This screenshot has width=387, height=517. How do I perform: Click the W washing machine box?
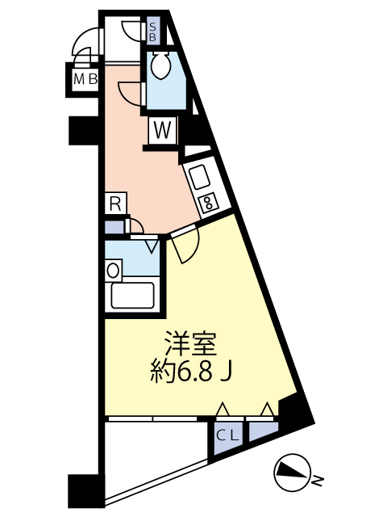(x=162, y=129)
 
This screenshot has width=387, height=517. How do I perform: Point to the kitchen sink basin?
(x=198, y=174)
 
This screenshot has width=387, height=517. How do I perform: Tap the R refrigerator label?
(x=115, y=204)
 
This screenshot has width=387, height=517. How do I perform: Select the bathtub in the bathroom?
(x=132, y=296)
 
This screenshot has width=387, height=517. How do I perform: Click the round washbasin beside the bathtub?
(x=114, y=270)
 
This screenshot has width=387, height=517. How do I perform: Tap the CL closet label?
(x=227, y=435)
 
